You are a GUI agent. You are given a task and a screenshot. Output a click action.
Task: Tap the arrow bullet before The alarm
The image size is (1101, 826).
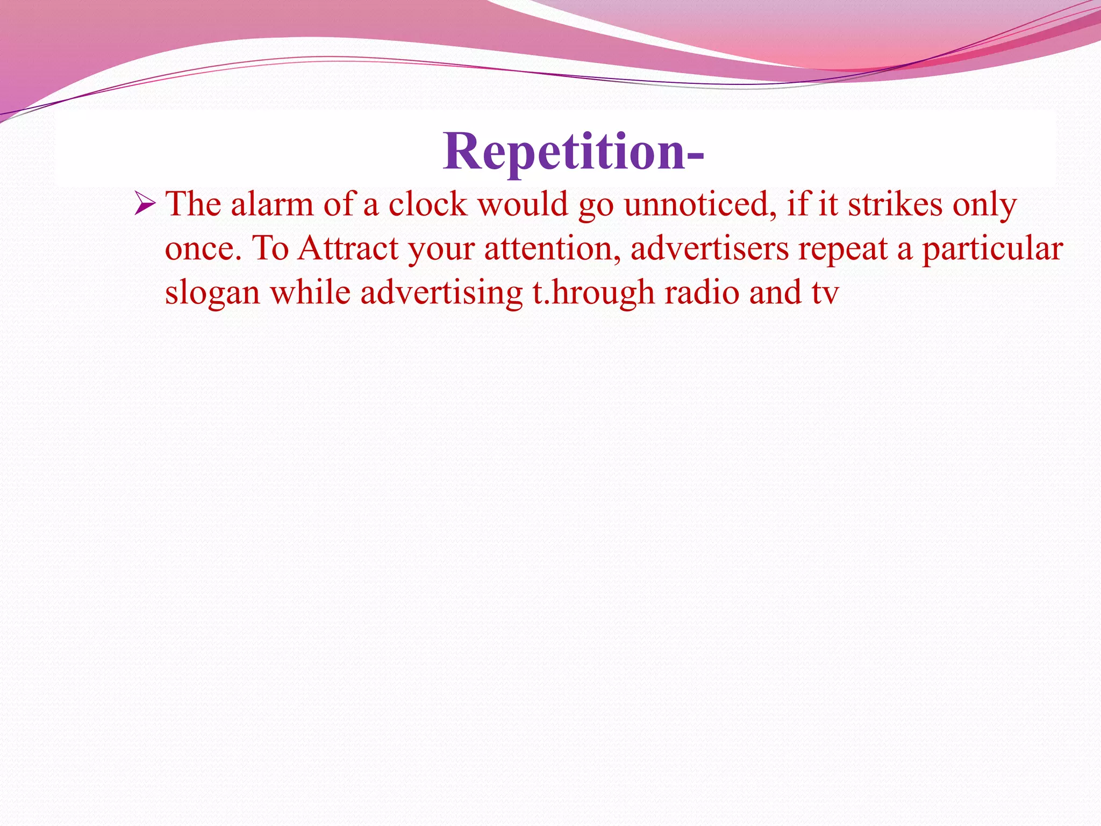coord(145,205)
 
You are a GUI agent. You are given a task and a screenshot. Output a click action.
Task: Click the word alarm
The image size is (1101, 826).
coord(272,205)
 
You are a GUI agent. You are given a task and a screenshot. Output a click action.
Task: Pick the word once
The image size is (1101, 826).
coord(203,249)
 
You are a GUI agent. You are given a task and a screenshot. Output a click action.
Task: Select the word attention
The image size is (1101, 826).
coord(552,249)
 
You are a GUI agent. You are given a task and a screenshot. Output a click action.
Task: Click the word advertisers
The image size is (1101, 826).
coord(709,249)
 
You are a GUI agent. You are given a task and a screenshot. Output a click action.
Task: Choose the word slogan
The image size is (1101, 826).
coord(212,294)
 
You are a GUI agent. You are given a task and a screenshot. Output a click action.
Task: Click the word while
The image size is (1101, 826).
coord(310,293)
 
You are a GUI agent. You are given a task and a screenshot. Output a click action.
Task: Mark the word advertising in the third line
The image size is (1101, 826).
coord(441,294)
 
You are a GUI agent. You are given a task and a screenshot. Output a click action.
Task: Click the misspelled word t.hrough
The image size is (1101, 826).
coord(594,294)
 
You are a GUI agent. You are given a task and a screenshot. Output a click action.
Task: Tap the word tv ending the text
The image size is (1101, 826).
coord(826,294)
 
